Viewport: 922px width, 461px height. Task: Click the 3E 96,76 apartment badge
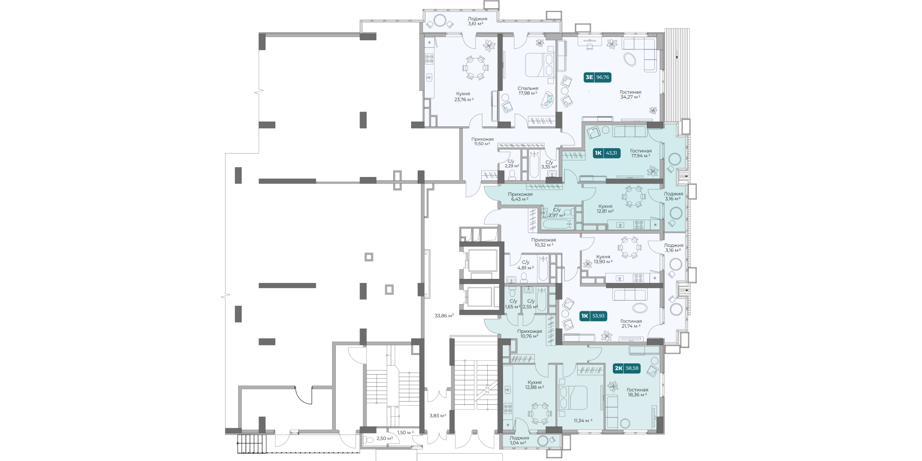click(597, 77)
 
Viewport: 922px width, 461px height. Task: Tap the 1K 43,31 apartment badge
click(607, 153)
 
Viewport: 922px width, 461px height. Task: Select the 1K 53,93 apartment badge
click(593, 316)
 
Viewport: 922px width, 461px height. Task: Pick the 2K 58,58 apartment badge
click(627, 368)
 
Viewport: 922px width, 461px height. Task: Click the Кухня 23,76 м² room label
click(463, 96)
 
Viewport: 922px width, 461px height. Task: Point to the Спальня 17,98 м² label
click(528, 91)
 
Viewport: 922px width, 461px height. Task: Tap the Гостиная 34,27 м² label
click(631, 95)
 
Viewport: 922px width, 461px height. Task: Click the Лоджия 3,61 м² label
click(477, 21)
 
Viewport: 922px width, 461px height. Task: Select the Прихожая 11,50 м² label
click(482, 142)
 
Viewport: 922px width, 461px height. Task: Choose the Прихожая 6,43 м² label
click(520, 197)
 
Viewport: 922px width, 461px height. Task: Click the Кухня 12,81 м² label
click(605, 209)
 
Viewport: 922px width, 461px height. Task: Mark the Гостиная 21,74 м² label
click(631, 324)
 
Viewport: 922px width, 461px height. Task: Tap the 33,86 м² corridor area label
click(444, 316)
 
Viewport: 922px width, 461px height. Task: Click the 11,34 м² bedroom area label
click(583, 420)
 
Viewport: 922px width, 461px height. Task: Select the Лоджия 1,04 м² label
click(519, 441)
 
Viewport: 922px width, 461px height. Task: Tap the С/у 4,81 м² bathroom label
click(526, 265)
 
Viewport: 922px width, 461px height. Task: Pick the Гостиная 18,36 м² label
click(638, 392)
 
